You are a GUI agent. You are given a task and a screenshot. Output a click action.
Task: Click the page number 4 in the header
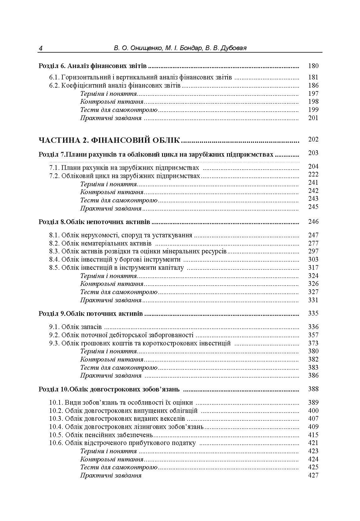[41, 48]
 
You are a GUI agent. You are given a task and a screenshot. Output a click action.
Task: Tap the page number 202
[313, 139]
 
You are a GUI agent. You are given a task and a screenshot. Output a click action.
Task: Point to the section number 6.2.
[54, 85]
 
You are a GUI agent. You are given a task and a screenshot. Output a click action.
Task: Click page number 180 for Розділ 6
[313, 66]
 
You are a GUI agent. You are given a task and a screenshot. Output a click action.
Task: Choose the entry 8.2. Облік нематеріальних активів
[100, 243]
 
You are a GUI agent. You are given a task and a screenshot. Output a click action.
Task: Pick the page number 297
[313, 251]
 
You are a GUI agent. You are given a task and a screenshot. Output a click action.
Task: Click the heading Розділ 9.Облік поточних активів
[91, 314]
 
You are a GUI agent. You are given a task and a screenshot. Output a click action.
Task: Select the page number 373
[313, 343]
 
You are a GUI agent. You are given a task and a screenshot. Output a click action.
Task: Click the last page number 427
[313, 475]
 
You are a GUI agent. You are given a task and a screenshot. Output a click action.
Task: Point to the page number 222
[313, 174]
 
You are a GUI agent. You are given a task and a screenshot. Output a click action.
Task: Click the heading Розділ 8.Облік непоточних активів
[94, 222]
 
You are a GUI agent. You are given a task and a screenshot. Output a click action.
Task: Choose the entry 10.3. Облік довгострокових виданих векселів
[117, 419]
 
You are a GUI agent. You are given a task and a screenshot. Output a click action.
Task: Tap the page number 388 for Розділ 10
[313, 389]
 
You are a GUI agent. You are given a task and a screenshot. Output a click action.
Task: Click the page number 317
[313, 268]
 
